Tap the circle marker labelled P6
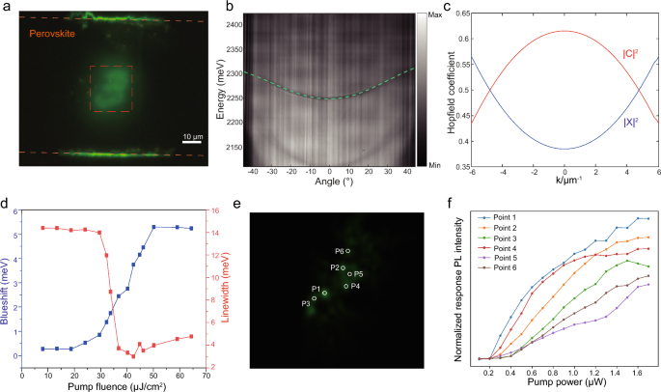[x=348, y=251]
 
